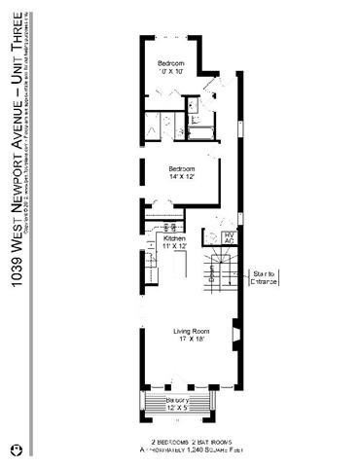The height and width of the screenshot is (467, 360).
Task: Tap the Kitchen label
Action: click(x=174, y=238)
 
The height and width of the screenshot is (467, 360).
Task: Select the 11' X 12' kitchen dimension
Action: click(x=174, y=247)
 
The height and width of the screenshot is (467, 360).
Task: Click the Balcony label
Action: click(x=175, y=400)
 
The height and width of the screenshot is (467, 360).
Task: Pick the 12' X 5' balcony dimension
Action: click(x=175, y=409)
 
